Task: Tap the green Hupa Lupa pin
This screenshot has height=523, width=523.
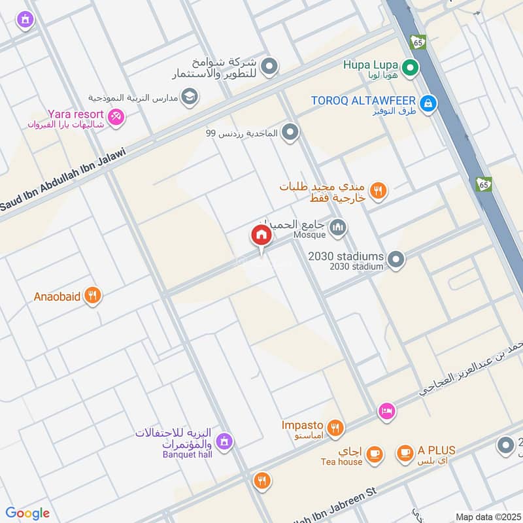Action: [x=410, y=67]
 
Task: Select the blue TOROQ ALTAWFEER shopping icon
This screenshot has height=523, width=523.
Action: [x=428, y=103]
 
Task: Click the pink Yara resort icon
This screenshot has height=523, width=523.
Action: [x=116, y=116]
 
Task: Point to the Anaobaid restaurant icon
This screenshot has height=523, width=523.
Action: [x=93, y=296]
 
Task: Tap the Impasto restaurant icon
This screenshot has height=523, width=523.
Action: [x=335, y=428]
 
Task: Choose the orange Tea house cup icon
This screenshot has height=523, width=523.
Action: [x=374, y=454]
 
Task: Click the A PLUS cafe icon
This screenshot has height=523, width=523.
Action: [x=405, y=452]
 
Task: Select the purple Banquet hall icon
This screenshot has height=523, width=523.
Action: [x=224, y=442]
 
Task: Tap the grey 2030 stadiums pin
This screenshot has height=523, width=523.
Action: [x=395, y=261]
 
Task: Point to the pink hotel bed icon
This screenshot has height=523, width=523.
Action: [x=386, y=411]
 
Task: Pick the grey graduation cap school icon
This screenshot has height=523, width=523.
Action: [x=190, y=96]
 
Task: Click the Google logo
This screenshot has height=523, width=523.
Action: [x=27, y=513]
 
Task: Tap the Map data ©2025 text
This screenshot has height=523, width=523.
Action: [x=487, y=516]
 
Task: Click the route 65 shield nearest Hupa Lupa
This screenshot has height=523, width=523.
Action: [x=418, y=42]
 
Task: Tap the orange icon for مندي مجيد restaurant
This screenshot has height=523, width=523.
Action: [x=377, y=191]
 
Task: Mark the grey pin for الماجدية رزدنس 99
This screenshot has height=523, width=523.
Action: [x=290, y=133]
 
